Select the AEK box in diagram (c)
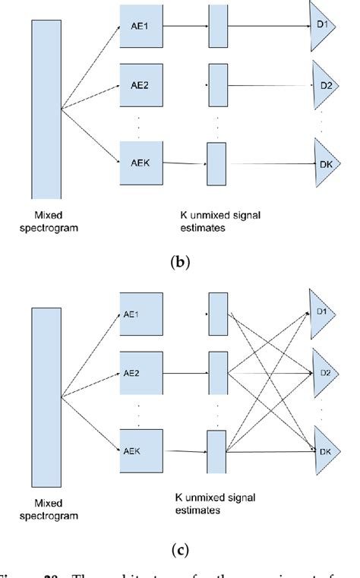(x=141, y=450)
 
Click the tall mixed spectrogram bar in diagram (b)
(x=46, y=109)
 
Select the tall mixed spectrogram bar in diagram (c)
(x=46, y=396)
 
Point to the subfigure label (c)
(x=180, y=549)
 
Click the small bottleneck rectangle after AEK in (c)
(x=217, y=453)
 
